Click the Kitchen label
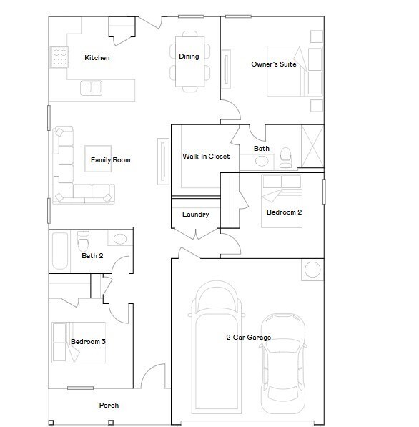[97, 57]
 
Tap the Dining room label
[189, 57]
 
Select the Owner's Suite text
[273, 64]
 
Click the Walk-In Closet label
[206, 156]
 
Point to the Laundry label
[195, 215]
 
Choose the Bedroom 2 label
[284, 212]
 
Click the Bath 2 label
[92, 255]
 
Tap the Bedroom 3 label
[88, 342]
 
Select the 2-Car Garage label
[248, 338]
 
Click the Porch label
[109, 406]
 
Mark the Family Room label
[110, 160]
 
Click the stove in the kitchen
[59, 57]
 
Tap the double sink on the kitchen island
[91, 87]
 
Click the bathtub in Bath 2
[60, 250]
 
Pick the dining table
[189, 61]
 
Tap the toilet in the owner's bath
[285, 156]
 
